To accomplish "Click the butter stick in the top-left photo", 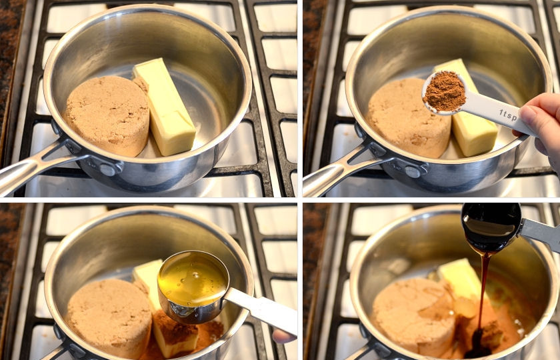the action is (164, 107).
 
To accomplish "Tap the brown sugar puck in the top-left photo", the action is (107, 115).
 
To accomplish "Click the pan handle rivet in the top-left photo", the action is (107, 169).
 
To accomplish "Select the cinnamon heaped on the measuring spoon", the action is (445, 91).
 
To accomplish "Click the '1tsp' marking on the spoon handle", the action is (508, 115).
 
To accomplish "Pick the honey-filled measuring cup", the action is (193, 286).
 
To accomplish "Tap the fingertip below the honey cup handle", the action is (283, 337).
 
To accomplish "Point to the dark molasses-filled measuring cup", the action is (491, 227).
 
